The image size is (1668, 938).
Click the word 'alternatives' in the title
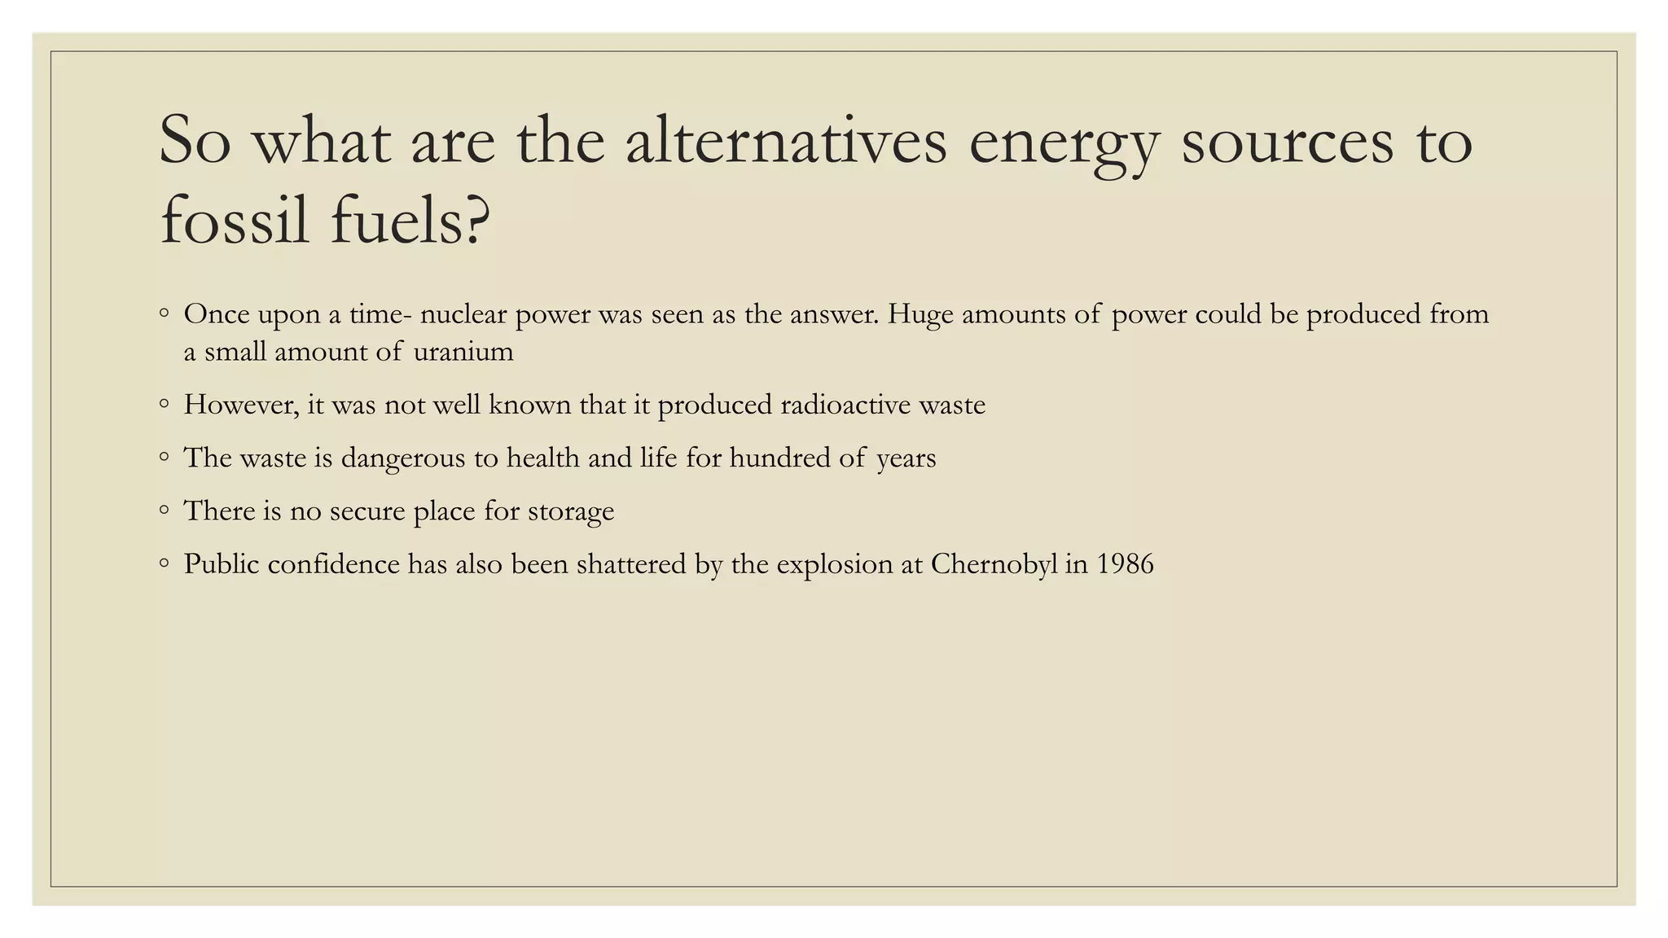[x=786, y=141]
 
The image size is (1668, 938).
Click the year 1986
[x=1125, y=563]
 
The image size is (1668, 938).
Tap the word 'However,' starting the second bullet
[x=241, y=405]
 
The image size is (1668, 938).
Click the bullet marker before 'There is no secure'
[x=165, y=511]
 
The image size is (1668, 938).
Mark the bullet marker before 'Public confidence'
[x=165, y=563]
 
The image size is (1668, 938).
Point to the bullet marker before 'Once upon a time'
[x=165, y=313]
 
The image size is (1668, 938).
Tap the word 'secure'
[x=367, y=511]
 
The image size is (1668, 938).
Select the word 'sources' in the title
[x=1287, y=141]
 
